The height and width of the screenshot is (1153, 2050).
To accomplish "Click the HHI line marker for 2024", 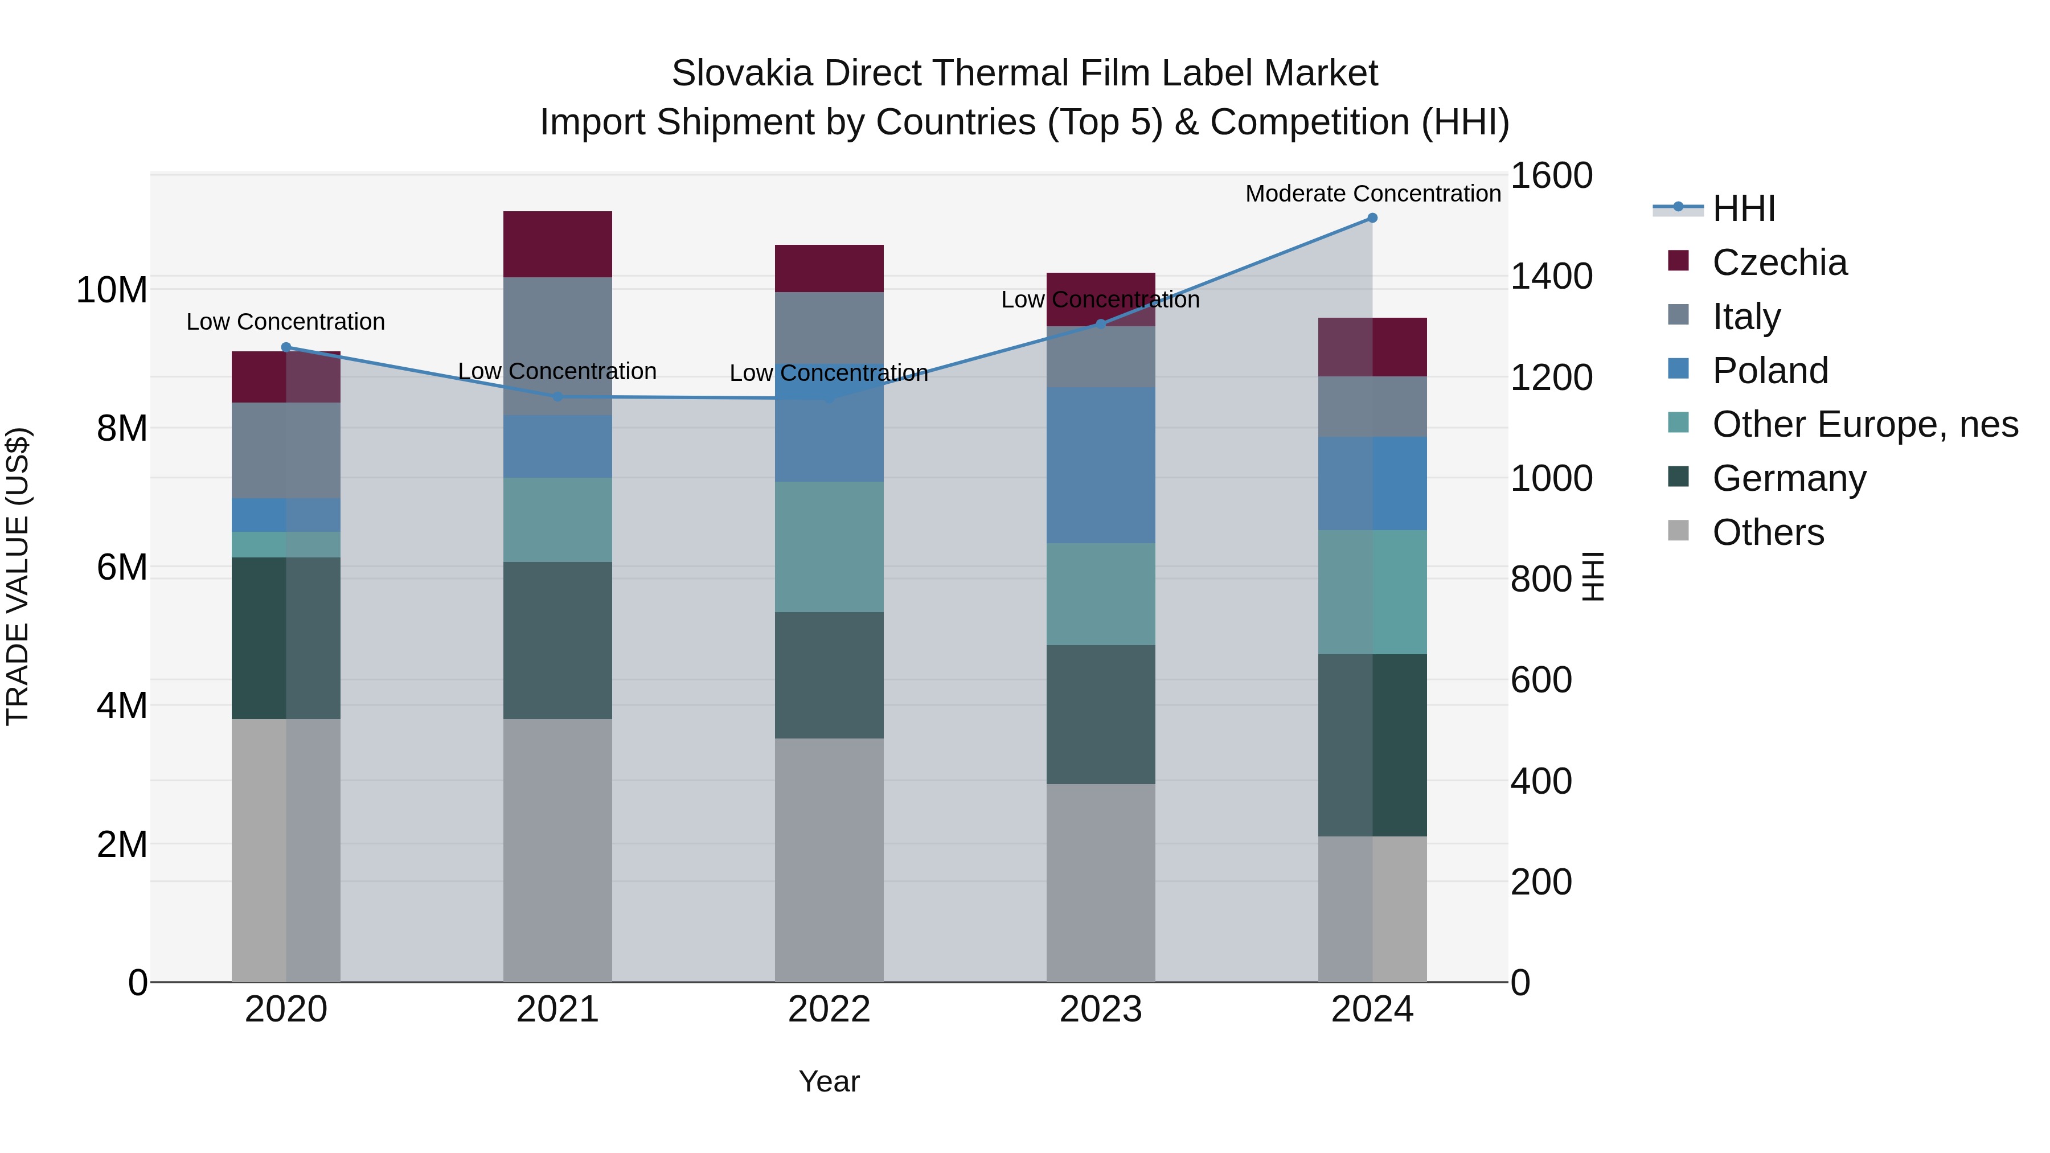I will (1372, 218).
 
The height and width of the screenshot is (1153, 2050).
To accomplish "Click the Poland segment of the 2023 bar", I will (1101, 466).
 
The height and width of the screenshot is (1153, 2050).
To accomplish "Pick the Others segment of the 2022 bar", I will (829, 859).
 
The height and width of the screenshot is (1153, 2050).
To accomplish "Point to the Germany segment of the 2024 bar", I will (1372, 745).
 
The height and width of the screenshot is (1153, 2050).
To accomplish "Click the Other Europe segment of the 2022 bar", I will (829, 547).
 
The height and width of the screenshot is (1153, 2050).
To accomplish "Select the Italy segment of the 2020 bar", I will (286, 450).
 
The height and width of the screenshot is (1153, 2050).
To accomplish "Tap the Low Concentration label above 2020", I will (286, 322).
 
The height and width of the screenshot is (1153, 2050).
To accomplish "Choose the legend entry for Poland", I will (1770, 371).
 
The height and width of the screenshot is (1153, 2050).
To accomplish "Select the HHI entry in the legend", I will (1743, 208).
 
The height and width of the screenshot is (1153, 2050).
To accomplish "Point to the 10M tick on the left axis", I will (112, 290).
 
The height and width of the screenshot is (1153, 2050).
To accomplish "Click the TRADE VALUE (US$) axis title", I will (18, 576).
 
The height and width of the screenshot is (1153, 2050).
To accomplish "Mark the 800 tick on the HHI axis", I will (1541, 579).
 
